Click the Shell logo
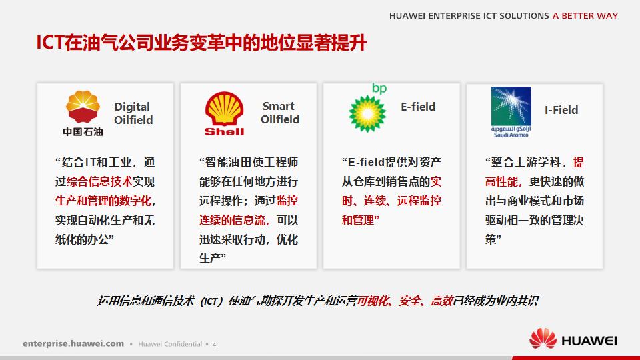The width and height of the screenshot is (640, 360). (224, 114)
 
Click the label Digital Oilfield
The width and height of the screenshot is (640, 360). (133, 113)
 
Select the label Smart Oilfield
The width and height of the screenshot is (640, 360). (279, 113)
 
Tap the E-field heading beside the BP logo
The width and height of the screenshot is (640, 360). (418, 107)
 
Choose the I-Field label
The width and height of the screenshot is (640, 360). (561, 110)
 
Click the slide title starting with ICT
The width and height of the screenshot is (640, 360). (201, 43)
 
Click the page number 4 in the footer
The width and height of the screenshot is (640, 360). (214, 345)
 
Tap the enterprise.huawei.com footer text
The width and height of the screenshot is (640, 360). (73, 344)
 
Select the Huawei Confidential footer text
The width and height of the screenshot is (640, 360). (169, 345)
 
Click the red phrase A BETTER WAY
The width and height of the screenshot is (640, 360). (585, 16)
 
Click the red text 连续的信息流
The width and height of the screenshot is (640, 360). (233, 219)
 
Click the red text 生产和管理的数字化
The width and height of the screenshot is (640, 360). (103, 201)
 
